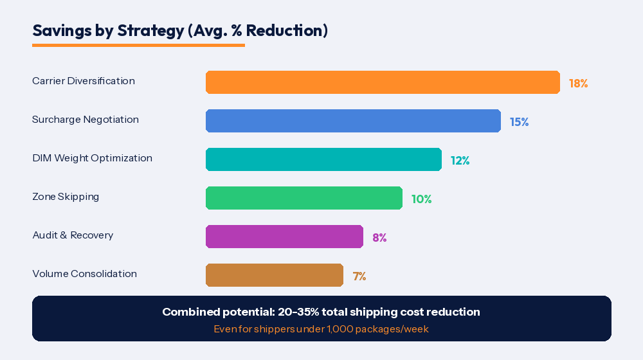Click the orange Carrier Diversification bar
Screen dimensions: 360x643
click(383, 82)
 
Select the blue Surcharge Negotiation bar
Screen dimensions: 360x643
click(353, 121)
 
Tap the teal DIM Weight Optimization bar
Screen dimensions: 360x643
click(323, 159)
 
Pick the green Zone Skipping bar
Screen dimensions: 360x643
click(304, 198)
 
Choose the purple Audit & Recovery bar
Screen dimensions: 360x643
click(284, 237)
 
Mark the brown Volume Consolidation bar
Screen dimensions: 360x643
click(275, 275)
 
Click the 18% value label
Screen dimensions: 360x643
click(578, 84)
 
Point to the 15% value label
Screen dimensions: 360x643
click(519, 122)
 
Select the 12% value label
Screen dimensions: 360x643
click(460, 161)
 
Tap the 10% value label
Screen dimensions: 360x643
click(421, 199)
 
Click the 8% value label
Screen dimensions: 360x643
click(379, 238)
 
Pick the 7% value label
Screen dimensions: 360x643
click(359, 276)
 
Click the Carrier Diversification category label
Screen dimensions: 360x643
click(84, 81)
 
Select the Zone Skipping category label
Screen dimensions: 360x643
click(66, 197)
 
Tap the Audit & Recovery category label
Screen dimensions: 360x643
click(73, 235)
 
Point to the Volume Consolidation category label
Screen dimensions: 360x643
click(84, 274)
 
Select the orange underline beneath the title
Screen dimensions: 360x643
click(138, 45)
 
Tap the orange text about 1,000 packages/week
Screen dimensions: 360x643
click(321, 329)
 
